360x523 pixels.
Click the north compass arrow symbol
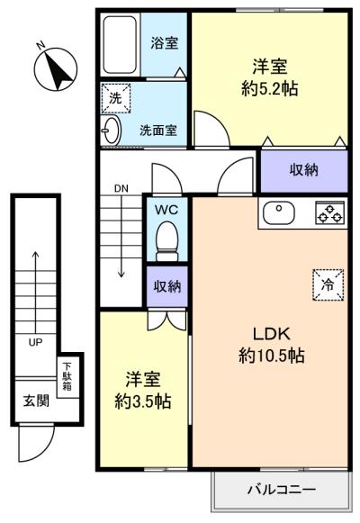click(x=56, y=69)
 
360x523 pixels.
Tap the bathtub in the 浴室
click(x=120, y=45)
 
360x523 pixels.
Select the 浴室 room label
click(x=165, y=43)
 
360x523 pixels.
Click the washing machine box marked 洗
click(x=116, y=98)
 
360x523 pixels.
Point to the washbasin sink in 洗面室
click(x=111, y=130)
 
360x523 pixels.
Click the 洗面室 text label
click(x=158, y=131)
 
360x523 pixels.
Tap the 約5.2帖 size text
click(x=270, y=89)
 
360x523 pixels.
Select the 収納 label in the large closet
click(x=303, y=170)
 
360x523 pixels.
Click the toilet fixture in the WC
click(x=167, y=241)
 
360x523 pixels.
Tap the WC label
click(x=166, y=210)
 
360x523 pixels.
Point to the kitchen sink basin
click(x=279, y=212)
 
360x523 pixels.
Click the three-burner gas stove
click(x=330, y=212)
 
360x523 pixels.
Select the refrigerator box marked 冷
click(x=328, y=284)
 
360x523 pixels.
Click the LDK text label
click(x=271, y=334)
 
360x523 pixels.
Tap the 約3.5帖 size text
click(x=143, y=401)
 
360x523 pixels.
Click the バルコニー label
click(x=282, y=490)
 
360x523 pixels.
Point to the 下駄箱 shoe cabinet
click(x=67, y=377)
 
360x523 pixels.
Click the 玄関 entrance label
click(x=36, y=401)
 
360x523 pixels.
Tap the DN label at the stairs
click(x=121, y=188)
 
